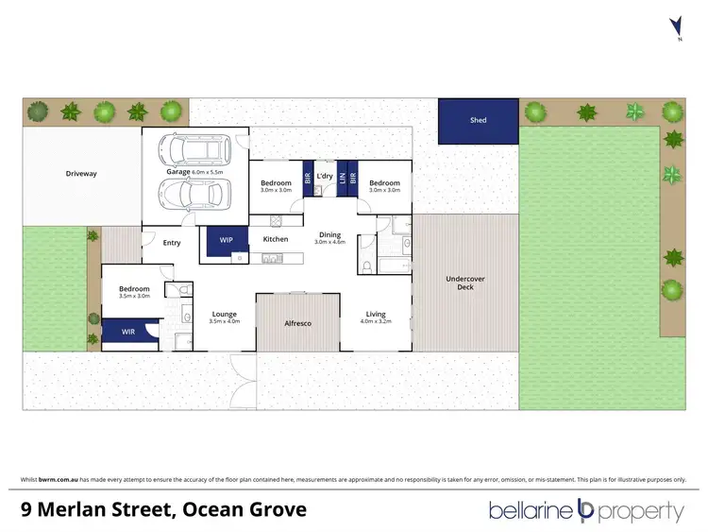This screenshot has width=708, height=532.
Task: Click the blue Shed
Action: click(x=478, y=121)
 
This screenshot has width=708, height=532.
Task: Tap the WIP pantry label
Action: click(x=226, y=240)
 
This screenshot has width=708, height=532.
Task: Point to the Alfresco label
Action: click(x=297, y=324)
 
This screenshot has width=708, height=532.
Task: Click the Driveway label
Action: click(x=81, y=174)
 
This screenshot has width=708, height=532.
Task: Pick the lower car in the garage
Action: click(x=195, y=194)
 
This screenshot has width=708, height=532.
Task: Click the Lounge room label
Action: click(x=225, y=315)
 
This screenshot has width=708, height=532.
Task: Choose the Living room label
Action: click(x=377, y=315)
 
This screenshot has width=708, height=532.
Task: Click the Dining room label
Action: click(x=329, y=235)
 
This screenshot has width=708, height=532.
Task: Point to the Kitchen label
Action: click(x=275, y=239)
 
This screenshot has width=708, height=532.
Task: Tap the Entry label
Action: click(x=171, y=243)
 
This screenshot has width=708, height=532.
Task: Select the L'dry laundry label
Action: click(x=325, y=176)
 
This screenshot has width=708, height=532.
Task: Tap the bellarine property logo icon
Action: click(x=584, y=511)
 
